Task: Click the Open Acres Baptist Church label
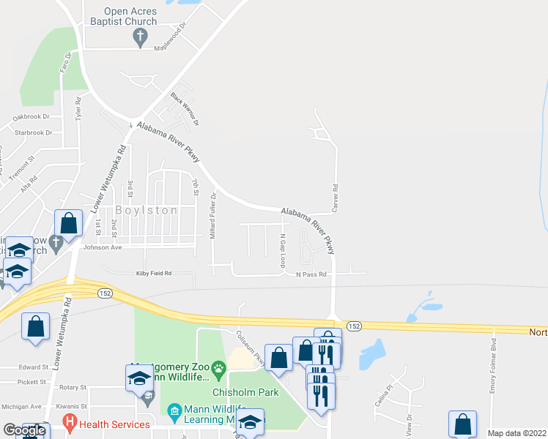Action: point(120,16)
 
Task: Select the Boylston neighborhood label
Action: point(147,210)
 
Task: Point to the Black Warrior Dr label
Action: point(185,108)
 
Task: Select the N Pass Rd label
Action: point(311,275)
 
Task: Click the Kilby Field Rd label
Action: point(153,273)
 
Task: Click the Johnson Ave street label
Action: point(102,247)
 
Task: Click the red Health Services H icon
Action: point(70,423)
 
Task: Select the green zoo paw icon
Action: point(218,367)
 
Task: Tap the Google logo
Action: point(24,430)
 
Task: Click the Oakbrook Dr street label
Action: point(31,116)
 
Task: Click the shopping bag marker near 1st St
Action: point(68,223)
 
